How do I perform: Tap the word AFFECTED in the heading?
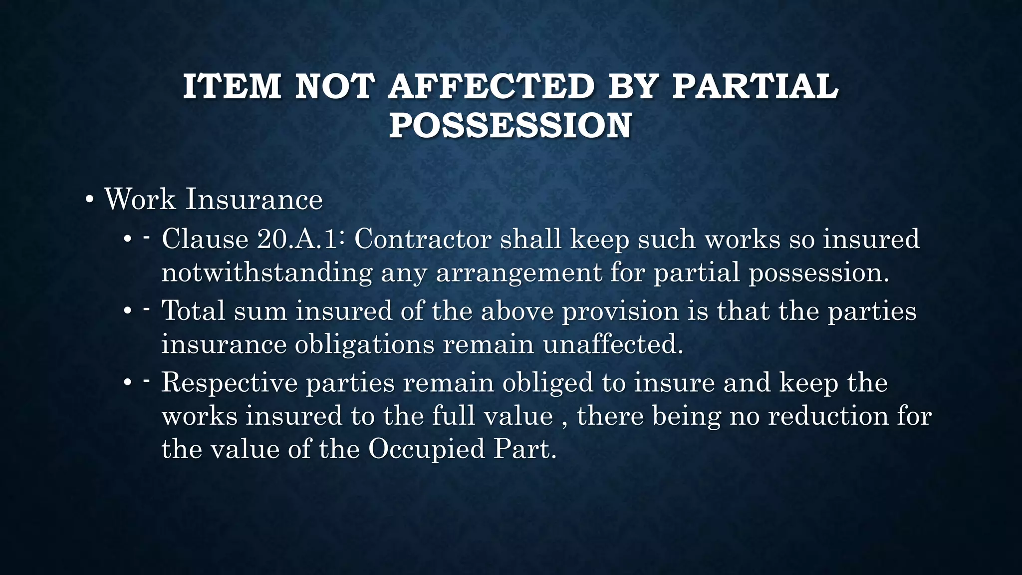tap(491, 86)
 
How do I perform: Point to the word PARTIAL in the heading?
tap(755, 86)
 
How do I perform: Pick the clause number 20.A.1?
tap(297, 239)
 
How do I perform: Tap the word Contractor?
tap(423, 239)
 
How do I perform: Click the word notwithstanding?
tap(267, 273)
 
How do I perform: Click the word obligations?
tap(364, 345)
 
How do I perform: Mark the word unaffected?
tap(613, 344)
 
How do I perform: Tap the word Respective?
tap(229, 383)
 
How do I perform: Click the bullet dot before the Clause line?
tap(128, 241)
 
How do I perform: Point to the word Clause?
tap(205, 239)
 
